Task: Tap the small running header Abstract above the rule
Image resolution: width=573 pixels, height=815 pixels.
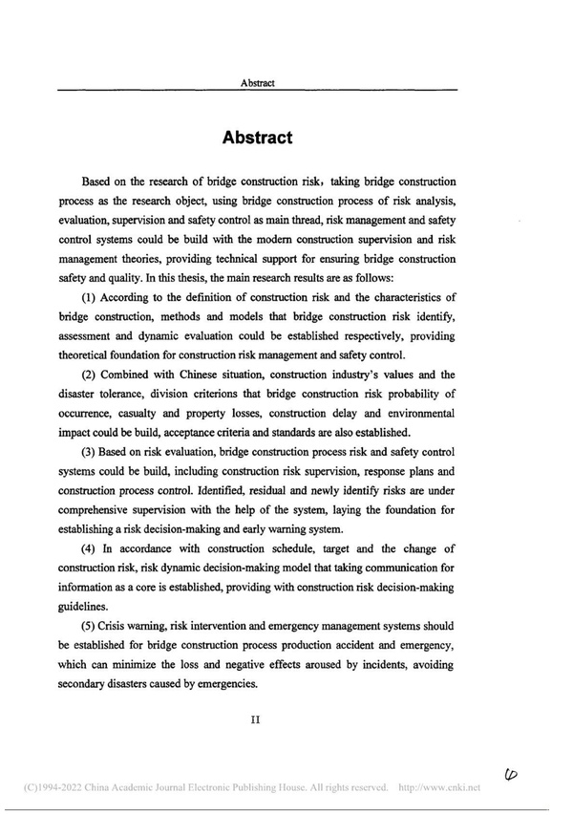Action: tap(258, 83)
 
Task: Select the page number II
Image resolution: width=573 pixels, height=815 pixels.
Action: tap(256, 720)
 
